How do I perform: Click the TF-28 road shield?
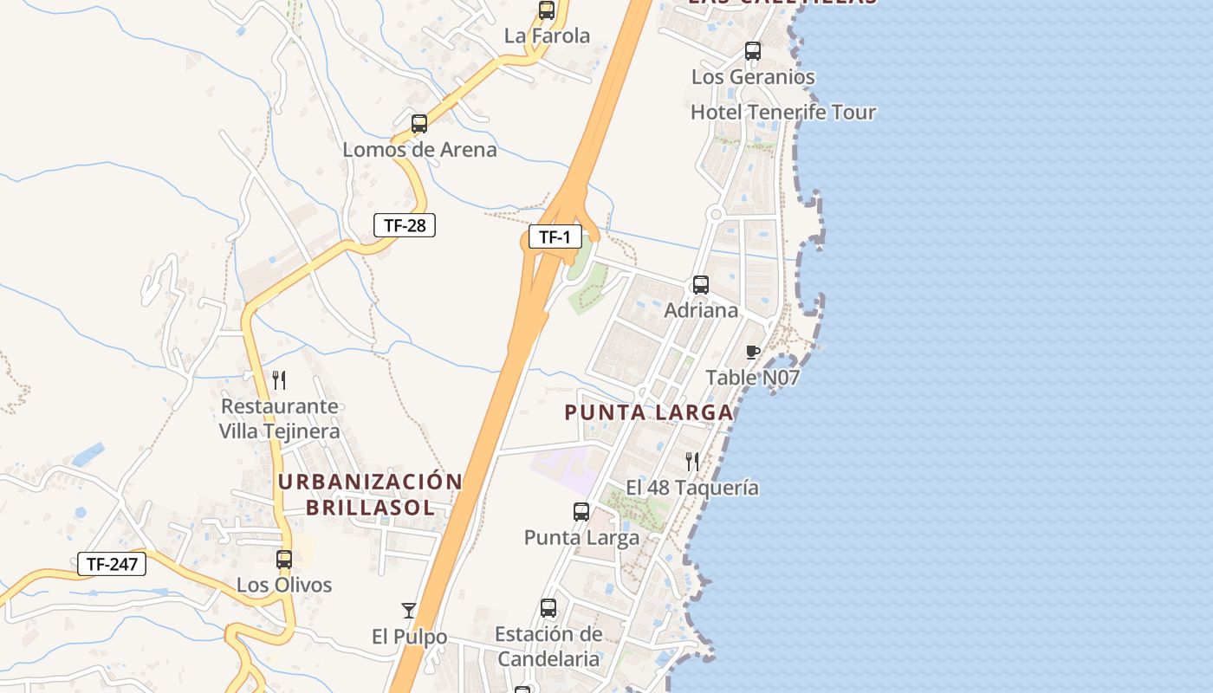click(x=404, y=225)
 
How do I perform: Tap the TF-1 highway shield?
click(x=555, y=236)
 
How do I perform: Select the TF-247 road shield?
click(x=112, y=564)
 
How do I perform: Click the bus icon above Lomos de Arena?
click(x=419, y=124)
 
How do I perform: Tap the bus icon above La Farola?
click(x=546, y=10)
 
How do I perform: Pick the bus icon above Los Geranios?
click(x=752, y=51)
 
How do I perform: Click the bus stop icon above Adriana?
click(x=700, y=284)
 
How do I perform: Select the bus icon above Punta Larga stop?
click(x=581, y=512)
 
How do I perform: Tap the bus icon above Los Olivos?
click(x=283, y=560)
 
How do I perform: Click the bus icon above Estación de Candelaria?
click(x=548, y=608)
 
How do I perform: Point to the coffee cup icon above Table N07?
click(x=752, y=352)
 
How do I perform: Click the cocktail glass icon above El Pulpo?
click(x=409, y=611)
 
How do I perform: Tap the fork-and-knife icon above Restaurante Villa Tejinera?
click(x=279, y=379)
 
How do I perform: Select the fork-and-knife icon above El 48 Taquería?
click(x=691, y=461)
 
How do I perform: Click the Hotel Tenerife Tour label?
click(x=782, y=113)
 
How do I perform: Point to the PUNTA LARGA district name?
click(x=648, y=412)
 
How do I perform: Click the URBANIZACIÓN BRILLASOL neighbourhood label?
click(x=370, y=494)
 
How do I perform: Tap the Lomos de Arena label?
click(x=419, y=150)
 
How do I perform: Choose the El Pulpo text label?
click(x=409, y=638)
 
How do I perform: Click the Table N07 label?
click(x=752, y=378)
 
